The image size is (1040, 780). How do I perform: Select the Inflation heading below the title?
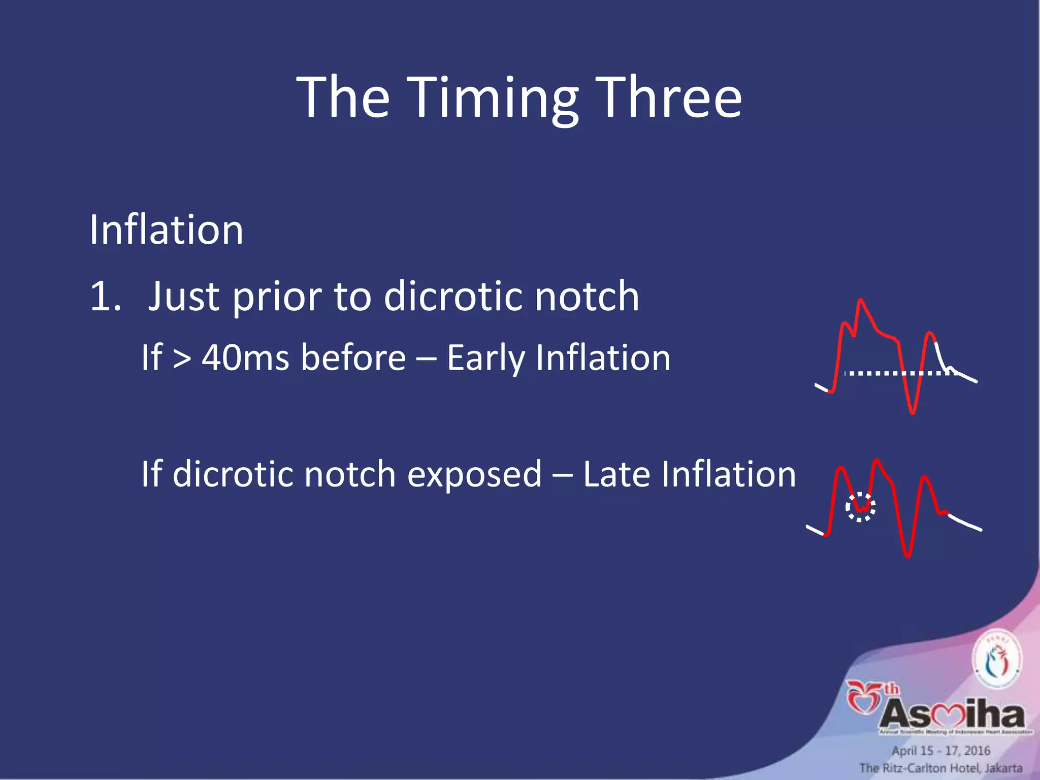tap(166, 230)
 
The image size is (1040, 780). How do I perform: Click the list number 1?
tap(105, 296)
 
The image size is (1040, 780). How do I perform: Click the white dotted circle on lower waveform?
tap(860, 507)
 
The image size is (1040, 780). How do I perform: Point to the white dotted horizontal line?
tap(899, 373)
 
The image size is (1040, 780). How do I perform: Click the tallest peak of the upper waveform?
tap(860, 301)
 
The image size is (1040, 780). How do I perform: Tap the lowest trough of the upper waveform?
tap(913, 412)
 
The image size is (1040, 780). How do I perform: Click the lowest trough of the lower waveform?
tap(907, 556)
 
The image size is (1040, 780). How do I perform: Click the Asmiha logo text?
tap(952, 713)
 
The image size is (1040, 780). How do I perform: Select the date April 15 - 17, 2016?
tap(941, 751)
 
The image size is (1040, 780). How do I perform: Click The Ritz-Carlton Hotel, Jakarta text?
tap(940, 768)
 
